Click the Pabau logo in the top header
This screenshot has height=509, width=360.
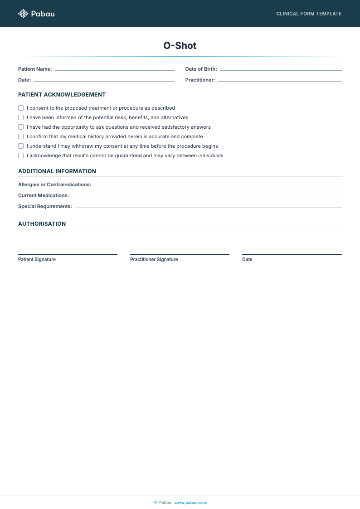[36, 14]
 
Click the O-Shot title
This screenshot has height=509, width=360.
[180, 46]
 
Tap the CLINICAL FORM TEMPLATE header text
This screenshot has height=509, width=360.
[309, 14]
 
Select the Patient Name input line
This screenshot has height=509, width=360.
[114, 70]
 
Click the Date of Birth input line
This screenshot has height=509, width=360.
[280, 70]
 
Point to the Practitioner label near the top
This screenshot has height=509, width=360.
[200, 80]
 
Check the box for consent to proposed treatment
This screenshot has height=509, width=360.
[21, 108]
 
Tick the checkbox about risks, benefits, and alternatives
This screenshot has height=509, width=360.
[21, 117]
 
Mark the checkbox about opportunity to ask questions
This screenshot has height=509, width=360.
[21, 127]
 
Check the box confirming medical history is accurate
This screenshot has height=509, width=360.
[21, 136]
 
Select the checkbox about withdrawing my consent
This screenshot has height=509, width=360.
[21, 146]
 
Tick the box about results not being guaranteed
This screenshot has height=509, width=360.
[21, 155]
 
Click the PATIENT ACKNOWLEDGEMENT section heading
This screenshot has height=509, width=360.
[62, 95]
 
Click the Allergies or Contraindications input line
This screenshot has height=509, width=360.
[218, 185]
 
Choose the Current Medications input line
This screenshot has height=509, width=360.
[207, 196]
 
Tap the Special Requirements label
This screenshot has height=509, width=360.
[45, 207]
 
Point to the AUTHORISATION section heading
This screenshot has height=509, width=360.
[42, 224]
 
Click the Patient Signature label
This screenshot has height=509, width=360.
[37, 260]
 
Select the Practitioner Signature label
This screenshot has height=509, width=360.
[154, 260]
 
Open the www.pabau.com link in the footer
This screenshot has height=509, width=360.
[190, 502]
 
